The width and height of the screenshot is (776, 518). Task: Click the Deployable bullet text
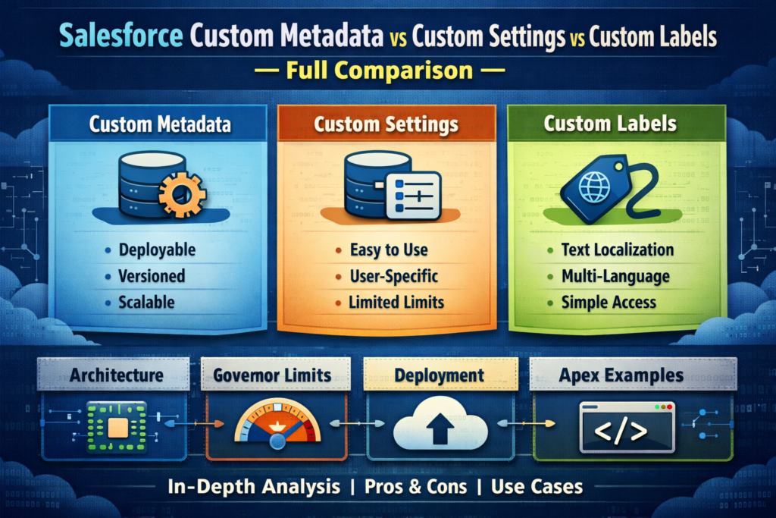tap(157, 250)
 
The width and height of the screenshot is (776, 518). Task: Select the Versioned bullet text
tap(152, 276)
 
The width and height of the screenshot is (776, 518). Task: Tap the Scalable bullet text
tap(146, 302)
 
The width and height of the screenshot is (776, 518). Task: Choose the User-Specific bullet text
tap(394, 276)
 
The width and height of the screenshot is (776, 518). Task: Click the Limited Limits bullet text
tap(396, 302)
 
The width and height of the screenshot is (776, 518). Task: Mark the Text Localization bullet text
tap(617, 250)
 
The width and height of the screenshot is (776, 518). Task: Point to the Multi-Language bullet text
tap(615, 276)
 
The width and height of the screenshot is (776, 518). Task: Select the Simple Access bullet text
tap(609, 302)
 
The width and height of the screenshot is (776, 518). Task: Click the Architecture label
tap(116, 375)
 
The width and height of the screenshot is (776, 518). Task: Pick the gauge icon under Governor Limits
tap(277, 429)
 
